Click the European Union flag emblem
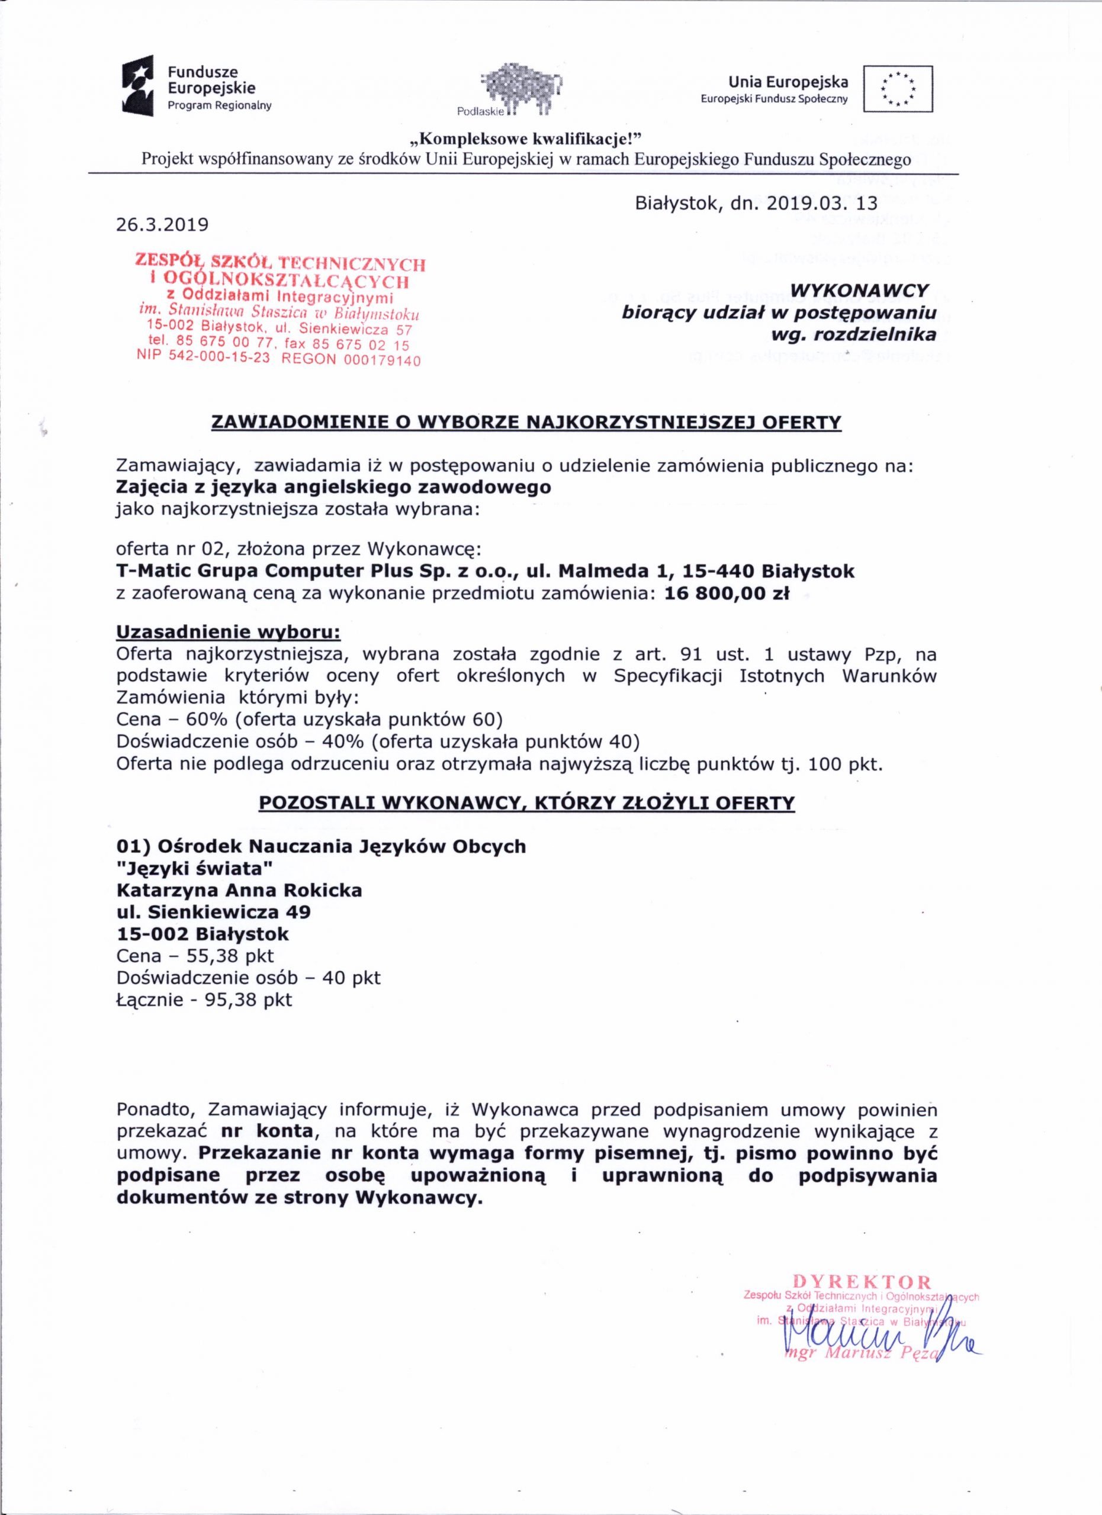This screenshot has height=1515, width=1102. [x=898, y=88]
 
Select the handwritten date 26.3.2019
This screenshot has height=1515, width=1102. [x=162, y=224]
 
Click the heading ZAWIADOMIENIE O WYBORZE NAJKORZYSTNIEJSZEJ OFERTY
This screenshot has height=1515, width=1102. [x=526, y=422]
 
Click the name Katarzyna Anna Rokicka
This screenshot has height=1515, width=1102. [x=239, y=891]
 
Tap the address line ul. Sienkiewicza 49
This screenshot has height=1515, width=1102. [x=213, y=912]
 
